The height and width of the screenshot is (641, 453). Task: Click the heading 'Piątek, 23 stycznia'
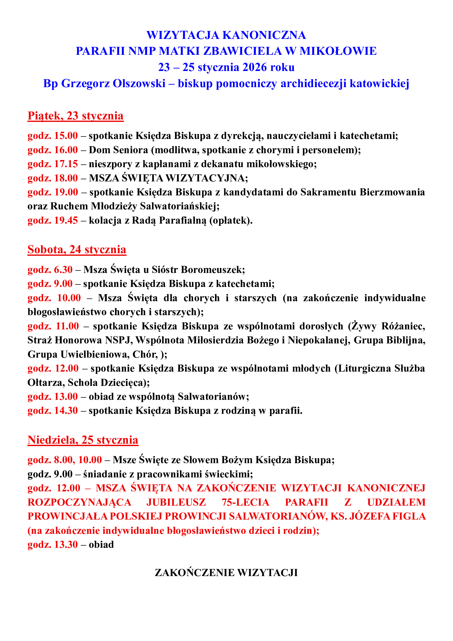(x=75, y=116)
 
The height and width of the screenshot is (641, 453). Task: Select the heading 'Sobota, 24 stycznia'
(x=77, y=250)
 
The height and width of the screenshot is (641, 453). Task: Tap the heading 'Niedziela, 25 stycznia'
(x=83, y=440)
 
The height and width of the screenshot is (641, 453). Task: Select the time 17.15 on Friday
(x=66, y=164)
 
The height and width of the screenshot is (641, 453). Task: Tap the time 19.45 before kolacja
(x=66, y=221)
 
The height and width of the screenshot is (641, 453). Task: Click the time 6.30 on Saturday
(x=63, y=270)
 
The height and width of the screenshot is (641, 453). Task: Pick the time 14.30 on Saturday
(x=66, y=411)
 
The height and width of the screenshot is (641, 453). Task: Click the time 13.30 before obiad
(x=66, y=545)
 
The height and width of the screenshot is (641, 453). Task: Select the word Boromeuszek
(x=213, y=270)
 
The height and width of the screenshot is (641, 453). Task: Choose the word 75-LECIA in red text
(x=245, y=502)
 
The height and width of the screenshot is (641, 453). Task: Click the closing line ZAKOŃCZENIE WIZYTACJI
(x=226, y=572)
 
